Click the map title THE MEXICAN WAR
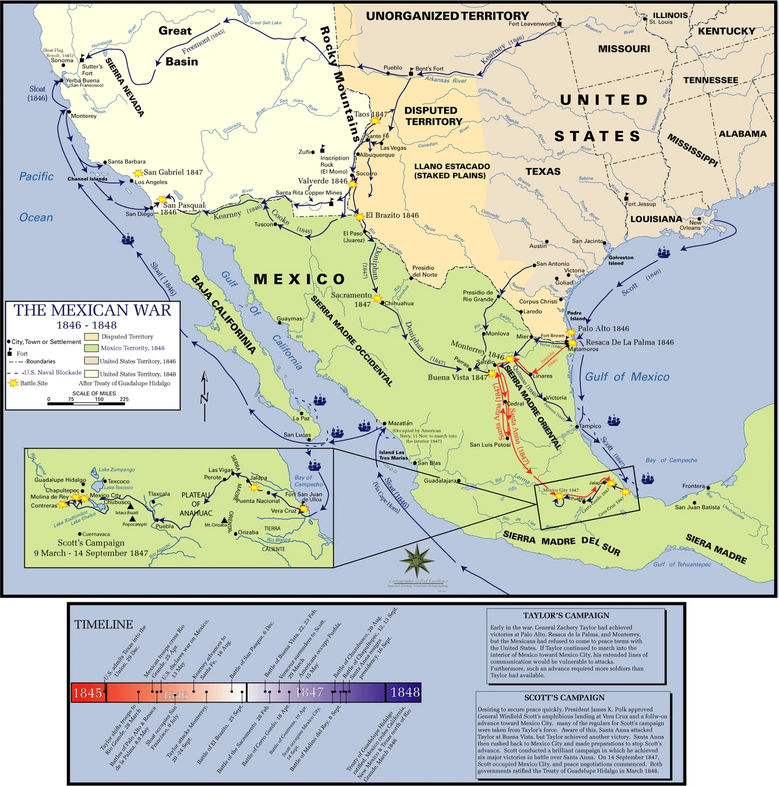[92, 310]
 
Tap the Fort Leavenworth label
[532, 24]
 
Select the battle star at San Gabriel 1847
[138, 173]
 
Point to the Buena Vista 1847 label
[457, 377]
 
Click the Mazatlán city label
[401, 423]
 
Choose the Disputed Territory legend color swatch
[91, 337]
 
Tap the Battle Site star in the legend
[13, 384]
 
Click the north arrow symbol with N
[204, 389]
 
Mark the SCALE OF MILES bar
[86, 404]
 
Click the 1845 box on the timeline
[87, 693]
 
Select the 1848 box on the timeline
[404, 693]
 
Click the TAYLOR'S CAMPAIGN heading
[566, 615]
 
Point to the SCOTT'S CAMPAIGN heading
[564, 697]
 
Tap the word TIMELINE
[103, 624]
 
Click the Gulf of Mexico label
[626, 377]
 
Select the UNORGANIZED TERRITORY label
[447, 16]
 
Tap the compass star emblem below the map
[416, 559]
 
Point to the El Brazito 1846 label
[392, 215]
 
